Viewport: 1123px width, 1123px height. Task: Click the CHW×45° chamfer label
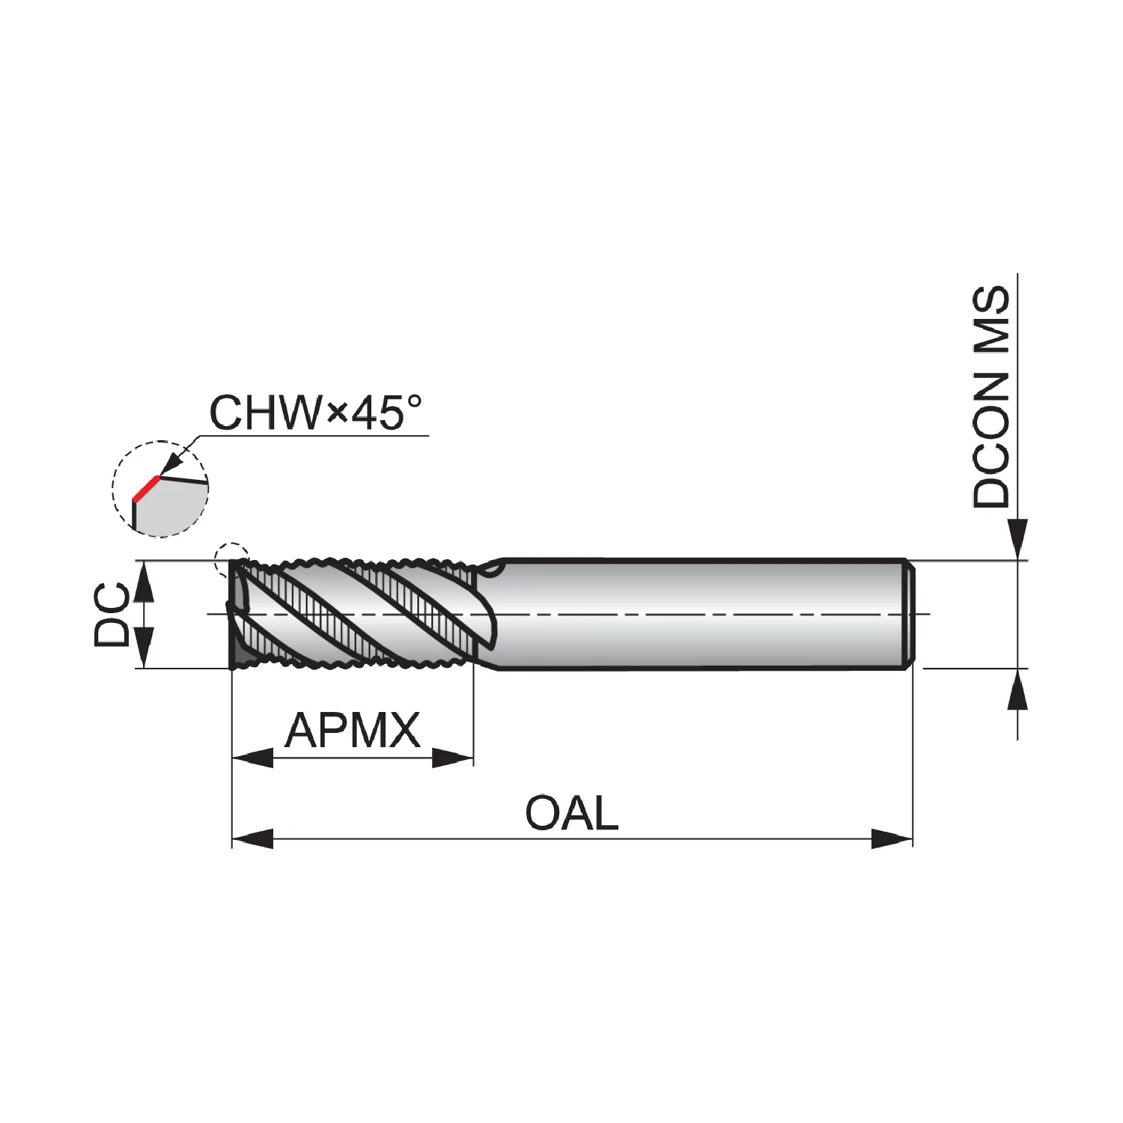[x=315, y=413]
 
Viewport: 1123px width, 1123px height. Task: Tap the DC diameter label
[x=112, y=614]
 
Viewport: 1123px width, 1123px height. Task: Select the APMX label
[x=353, y=731]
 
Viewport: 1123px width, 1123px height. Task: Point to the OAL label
[x=572, y=813]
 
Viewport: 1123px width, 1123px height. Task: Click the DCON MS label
[x=991, y=397]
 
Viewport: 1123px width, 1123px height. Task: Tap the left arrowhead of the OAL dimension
[x=253, y=839]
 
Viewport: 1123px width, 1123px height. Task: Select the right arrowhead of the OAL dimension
[x=892, y=839]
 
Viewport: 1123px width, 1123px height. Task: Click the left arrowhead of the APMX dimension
[x=253, y=758]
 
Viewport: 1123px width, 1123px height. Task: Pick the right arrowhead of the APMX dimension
[x=453, y=758]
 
